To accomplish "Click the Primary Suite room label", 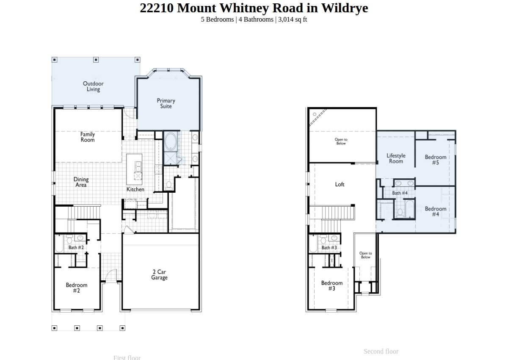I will point(166,103).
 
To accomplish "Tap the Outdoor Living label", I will point(93,86).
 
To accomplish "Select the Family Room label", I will point(88,137).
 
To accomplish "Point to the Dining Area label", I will point(81,182).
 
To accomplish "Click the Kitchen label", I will point(135,189).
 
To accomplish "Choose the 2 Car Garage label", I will point(160,275).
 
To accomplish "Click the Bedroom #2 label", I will point(77,288).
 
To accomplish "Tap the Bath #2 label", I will point(76,247).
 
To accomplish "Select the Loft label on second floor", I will point(340,184).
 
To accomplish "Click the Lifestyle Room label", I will point(396,158).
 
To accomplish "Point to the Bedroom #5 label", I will point(436,160).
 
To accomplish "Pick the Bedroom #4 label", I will point(436,211).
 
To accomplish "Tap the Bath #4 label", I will point(400,193).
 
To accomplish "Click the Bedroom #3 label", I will point(331,286).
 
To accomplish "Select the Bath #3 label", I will point(329,248).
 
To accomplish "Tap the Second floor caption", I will point(381,351).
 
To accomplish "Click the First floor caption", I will point(127,357).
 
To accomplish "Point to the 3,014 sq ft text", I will point(293,19).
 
